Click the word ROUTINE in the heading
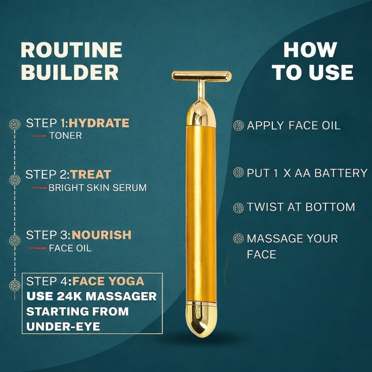point(71,50)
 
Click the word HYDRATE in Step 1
point(99,123)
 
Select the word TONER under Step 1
point(65,136)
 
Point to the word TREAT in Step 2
point(91,175)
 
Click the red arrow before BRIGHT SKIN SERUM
point(39,188)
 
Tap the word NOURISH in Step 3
point(102,235)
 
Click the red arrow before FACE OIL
point(37,248)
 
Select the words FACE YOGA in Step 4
point(108,281)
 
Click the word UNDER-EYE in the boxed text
point(63,327)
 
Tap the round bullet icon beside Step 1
point(15,124)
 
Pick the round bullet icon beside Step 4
point(15,286)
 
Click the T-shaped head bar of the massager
point(201,76)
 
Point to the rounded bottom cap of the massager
point(201,320)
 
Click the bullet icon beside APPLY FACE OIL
point(238,125)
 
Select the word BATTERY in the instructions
point(341,173)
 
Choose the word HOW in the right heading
point(310,50)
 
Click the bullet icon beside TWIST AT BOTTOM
point(238,208)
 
